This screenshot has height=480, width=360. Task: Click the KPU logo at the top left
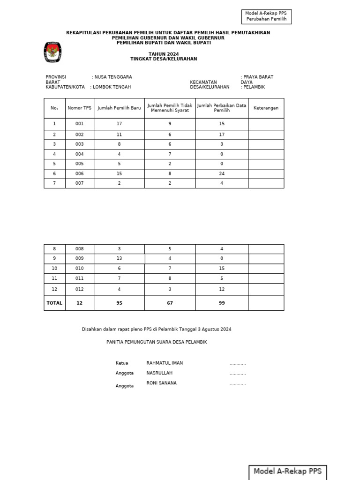52,52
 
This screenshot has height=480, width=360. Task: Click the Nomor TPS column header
79,108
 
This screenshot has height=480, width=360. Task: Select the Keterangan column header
266,108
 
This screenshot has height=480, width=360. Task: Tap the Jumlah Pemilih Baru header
119,108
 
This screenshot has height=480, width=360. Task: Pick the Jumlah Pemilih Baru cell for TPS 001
119,124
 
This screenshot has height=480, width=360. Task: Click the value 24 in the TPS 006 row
222,173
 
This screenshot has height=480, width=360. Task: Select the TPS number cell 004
79,154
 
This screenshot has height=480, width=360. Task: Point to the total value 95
119,303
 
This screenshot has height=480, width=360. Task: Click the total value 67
170,303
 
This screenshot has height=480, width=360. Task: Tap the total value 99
222,303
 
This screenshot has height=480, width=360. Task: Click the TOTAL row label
54,303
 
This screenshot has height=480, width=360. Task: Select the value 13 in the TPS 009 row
119,258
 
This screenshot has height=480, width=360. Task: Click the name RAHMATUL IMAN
165,363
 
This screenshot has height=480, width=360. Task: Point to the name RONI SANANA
161,383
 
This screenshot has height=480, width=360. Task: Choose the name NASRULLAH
159,373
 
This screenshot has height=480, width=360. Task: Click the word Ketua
121,363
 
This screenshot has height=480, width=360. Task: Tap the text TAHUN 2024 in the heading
164,54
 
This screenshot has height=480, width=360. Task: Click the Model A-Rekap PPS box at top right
266,16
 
